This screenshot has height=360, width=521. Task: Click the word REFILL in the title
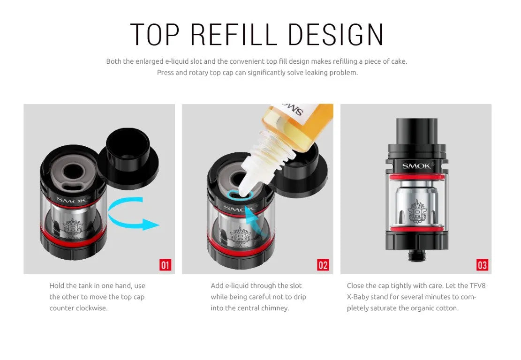click(234, 35)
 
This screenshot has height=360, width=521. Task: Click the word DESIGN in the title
click(336, 35)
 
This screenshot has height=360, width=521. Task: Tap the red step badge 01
click(165, 265)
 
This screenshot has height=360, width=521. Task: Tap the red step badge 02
click(323, 265)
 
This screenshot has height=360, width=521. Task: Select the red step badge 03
click(482, 265)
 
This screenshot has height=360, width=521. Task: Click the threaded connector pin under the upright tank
click(415, 256)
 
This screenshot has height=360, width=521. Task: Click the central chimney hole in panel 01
click(73, 172)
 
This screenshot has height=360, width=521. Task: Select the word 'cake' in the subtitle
click(399, 61)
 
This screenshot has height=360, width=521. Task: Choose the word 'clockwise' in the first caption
click(92, 308)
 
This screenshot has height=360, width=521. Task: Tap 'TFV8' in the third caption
click(477, 285)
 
